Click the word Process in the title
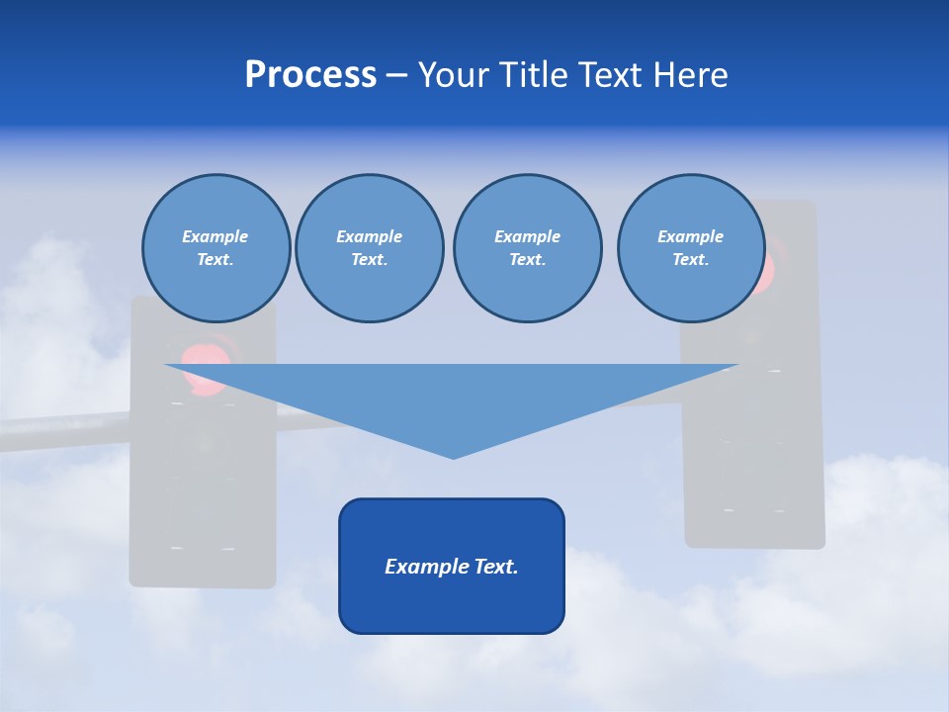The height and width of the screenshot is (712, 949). pos(310,75)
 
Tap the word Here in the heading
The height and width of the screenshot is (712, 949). pos(689,75)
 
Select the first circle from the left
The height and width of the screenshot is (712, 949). pos(216,248)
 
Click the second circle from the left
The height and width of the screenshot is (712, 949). pos(370,248)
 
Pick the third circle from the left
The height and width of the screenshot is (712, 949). pos(527,248)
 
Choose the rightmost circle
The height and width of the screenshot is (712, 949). pos(691,248)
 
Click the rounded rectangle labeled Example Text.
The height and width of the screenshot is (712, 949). pos(452,566)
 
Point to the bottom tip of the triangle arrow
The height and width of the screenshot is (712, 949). pos(453,456)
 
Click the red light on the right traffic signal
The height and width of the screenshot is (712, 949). pos(767,269)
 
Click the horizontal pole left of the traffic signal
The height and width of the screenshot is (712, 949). pos(59,432)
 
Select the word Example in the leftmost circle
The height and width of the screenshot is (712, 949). pos(216,236)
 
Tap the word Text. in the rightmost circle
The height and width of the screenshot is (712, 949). pos(691,259)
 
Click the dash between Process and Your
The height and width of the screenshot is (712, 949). pos(396,76)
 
